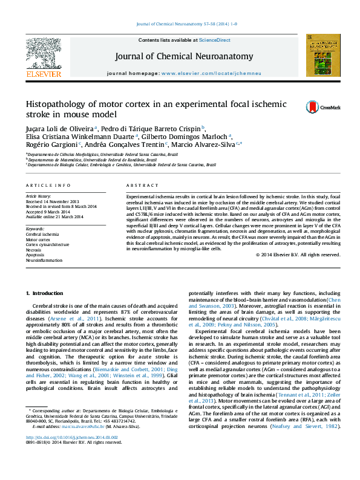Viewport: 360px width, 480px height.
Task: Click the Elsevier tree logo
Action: pyautogui.click(x=43, y=54)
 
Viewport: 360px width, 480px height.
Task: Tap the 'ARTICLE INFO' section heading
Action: pyautogui.click(x=48, y=185)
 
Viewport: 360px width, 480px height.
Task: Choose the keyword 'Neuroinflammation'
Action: pyautogui.click(x=44, y=261)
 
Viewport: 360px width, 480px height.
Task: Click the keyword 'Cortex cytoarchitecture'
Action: pyautogui.click(x=47, y=244)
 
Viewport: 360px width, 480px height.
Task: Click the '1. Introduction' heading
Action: pyautogui.click(x=44, y=293)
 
